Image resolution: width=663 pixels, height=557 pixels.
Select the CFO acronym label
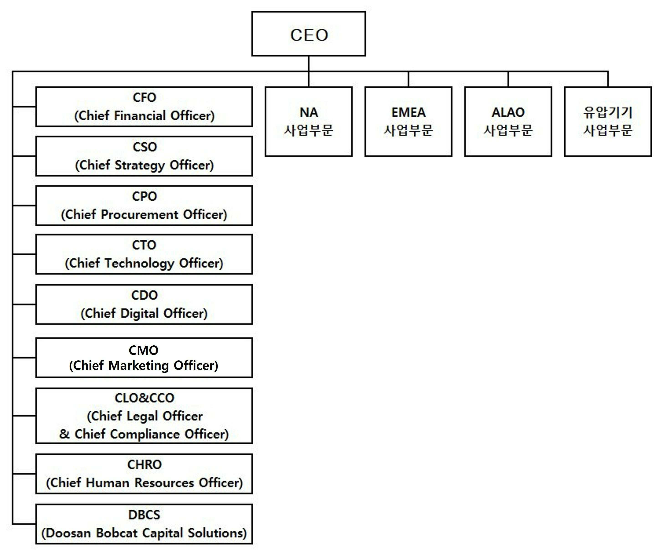pyautogui.click(x=144, y=98)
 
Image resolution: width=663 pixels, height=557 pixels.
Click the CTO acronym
pyautogui.click(x=144, y=245)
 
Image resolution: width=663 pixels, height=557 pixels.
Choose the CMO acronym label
pyautogui.click(x=144, y=350)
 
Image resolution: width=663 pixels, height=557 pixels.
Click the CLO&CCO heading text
pyautogui.click(x=144, y=398)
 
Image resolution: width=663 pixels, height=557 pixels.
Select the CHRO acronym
pyautogui.click(x=144, y=465)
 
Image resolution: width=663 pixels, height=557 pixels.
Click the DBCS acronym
pyautogui.click(x=144, y=515)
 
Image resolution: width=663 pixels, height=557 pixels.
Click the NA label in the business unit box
pyautogui.click(x=309, y=112)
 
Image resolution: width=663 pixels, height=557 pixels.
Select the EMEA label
pyautogui.click(x=409, y=112)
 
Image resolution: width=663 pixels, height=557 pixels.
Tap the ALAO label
pyautogui.click(x=508, y=112)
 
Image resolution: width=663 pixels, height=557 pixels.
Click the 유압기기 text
pyautogui.click(x=608, y=112)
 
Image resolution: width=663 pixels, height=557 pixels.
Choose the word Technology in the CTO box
pyautogui.click(x=139, y=263)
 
